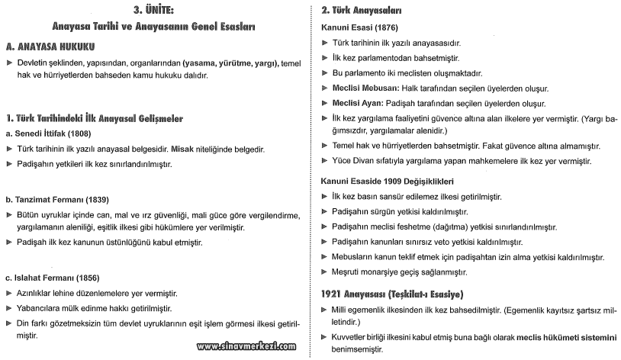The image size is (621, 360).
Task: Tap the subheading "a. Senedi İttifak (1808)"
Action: coord(55,133)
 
